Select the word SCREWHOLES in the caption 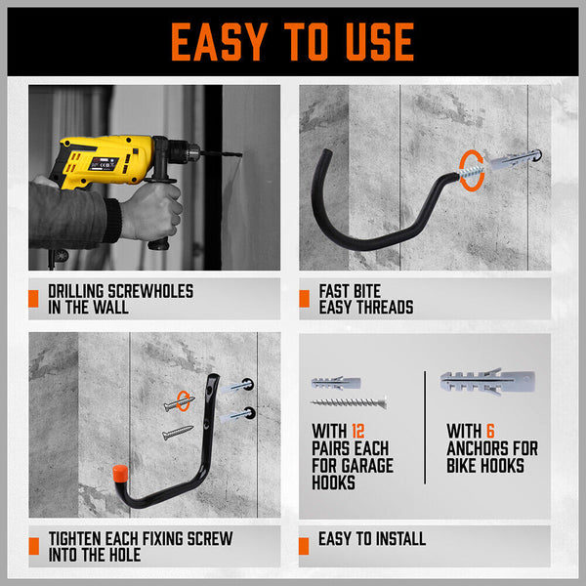tap(144, 291)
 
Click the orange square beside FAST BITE tap(304, 299)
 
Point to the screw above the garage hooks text tap(349, 402)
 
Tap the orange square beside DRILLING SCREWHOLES tap(35, 299)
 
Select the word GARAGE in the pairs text tap(369, 466)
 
